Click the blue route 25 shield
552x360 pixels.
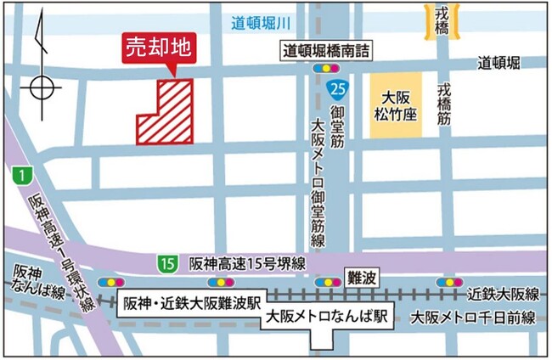(x=338, y=88)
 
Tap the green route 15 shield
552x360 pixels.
(x=167, y=264)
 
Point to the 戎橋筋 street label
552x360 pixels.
(x=444, y=104)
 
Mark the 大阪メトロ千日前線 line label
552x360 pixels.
(x=473, y=318)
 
